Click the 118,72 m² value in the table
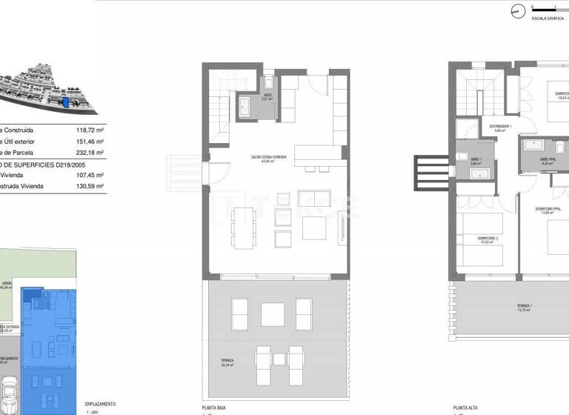click(90, 129)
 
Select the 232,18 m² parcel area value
click(90, 153)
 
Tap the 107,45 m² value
click(90, 175)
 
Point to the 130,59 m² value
click(90, 187)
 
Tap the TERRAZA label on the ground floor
click(227, 361)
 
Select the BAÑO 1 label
click(476, 159)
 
